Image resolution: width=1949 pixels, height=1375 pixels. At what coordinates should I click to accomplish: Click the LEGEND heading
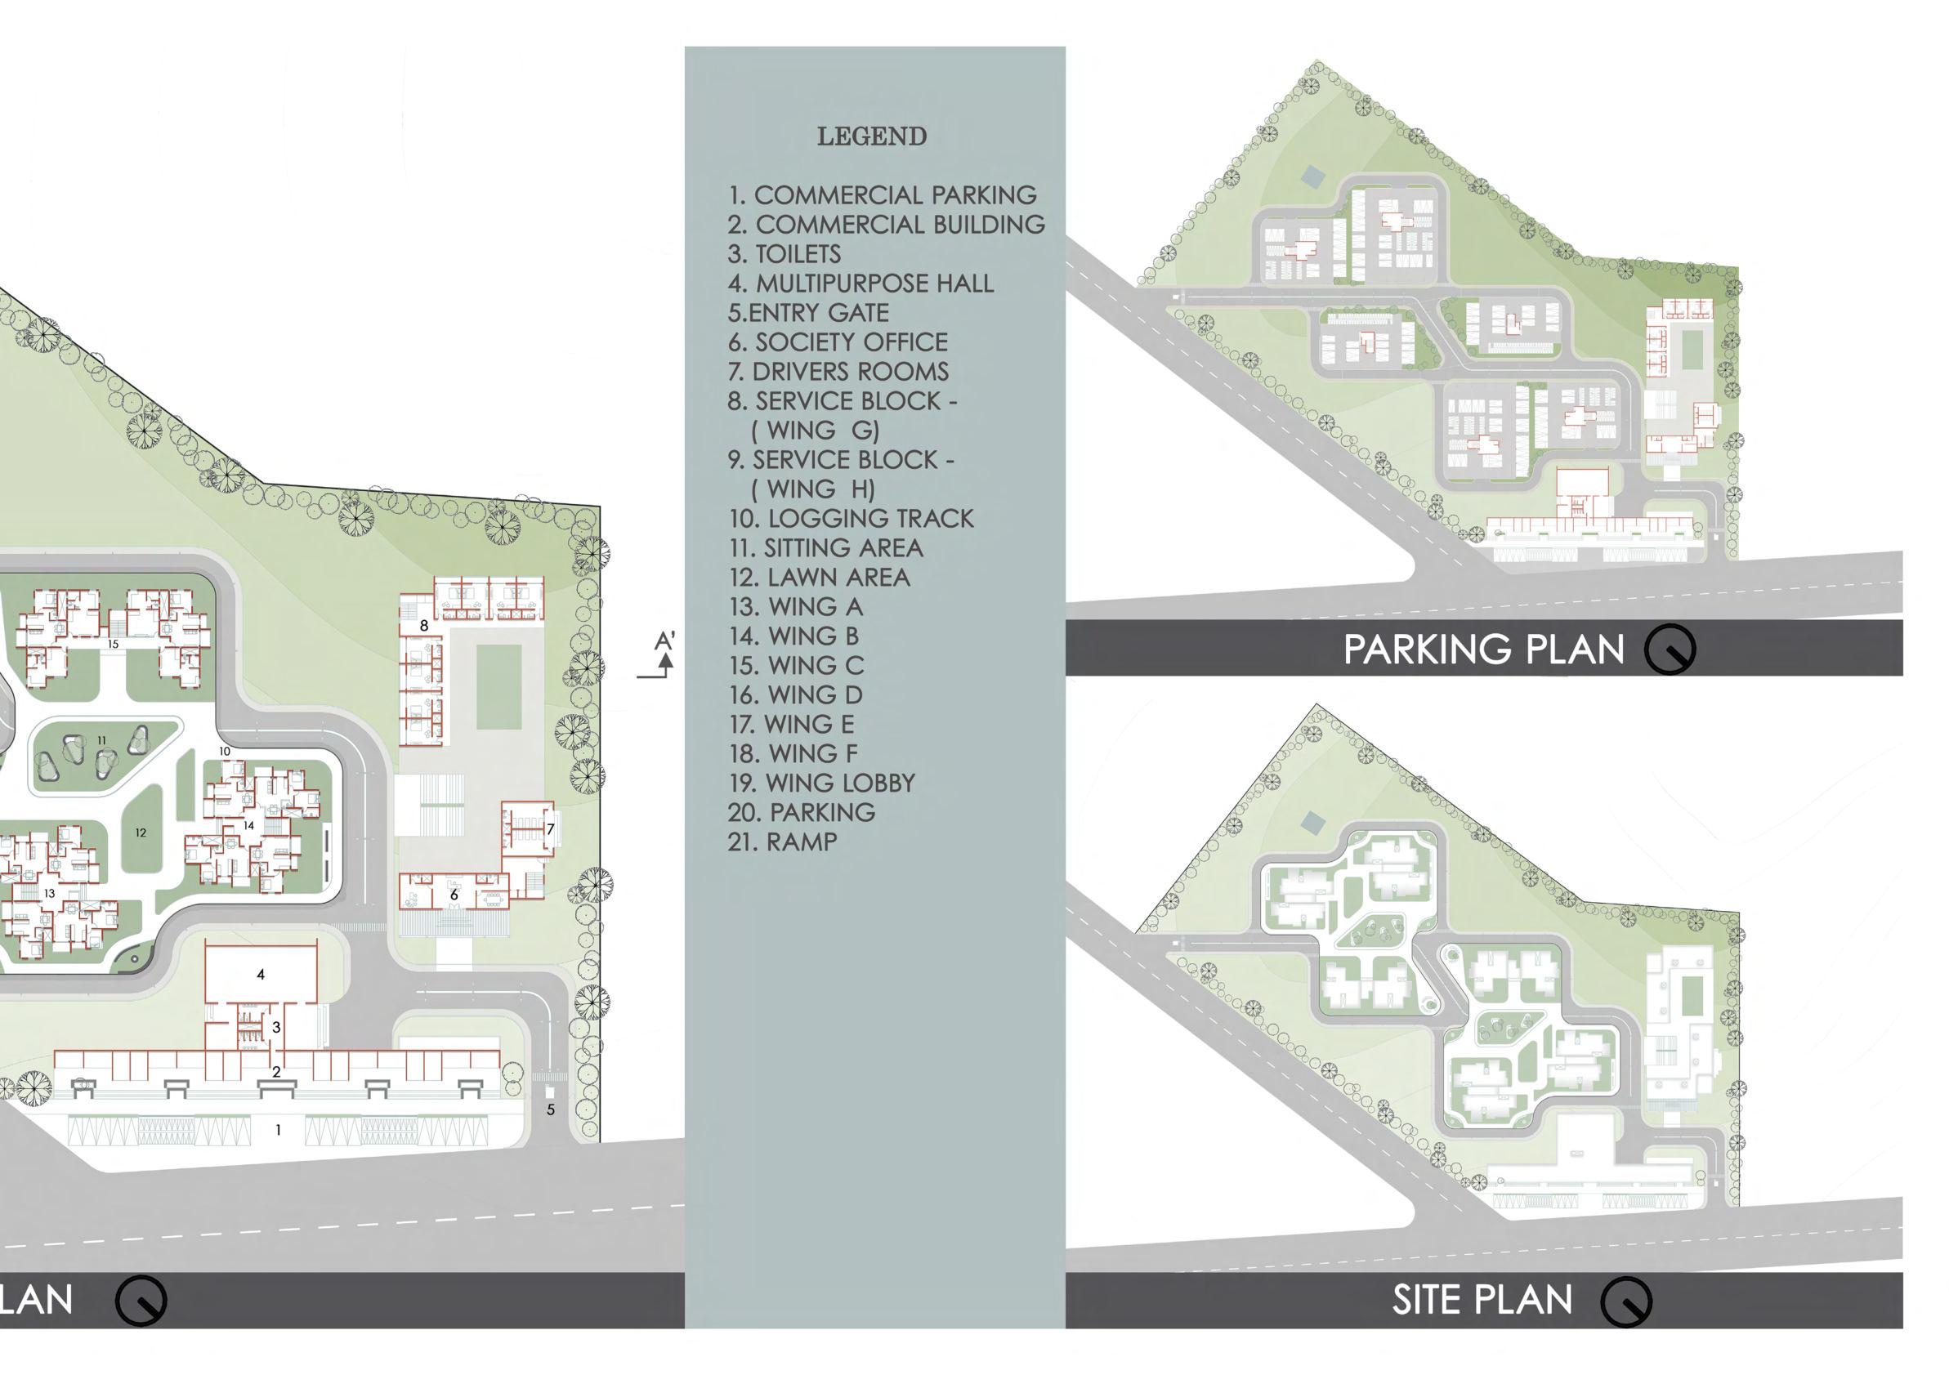click(871, 136)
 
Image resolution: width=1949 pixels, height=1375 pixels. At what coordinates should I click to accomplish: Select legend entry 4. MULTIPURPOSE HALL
click(860, 283)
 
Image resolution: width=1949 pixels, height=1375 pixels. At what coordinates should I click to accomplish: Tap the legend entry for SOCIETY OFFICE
click(837, 342)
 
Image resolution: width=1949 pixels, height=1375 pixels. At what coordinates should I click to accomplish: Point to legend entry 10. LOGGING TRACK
click(851, 518)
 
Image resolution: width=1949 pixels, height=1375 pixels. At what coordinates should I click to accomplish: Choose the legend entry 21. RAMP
click(782, 842)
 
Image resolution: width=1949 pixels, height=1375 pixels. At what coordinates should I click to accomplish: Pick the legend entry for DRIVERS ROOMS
click(838, 371)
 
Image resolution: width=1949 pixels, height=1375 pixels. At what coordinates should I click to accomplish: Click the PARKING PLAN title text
click(1483, 650)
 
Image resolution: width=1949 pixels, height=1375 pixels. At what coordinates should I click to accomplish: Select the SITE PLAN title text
click(1482, 1300)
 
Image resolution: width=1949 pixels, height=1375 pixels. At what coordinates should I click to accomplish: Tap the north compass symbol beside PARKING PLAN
click(1669, 650)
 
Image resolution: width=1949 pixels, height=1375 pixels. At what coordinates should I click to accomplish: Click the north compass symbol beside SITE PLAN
click(1625, 1301)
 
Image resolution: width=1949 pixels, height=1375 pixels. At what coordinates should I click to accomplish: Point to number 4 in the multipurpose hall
click(261, 975)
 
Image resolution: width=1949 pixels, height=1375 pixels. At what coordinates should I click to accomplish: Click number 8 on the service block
click(423, 626)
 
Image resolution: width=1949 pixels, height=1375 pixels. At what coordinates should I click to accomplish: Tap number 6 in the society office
click(454, 895)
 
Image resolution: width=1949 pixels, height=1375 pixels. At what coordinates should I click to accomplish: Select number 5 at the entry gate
click(551, 1109)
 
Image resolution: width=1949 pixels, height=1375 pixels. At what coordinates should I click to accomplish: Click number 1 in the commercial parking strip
click(279, 1130)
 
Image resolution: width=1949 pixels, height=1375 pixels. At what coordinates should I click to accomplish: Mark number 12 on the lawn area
click(141, 833)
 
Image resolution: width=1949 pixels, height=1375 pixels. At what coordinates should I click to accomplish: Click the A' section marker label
click(664, 640)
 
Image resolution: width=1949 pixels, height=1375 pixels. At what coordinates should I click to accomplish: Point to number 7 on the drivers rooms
click(550, 828)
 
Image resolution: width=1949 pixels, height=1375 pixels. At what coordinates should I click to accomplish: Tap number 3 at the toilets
click(276, 1027)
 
